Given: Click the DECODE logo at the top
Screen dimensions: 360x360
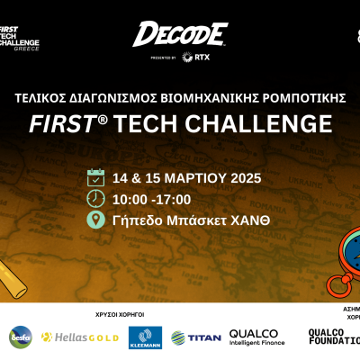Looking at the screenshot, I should (179, 34).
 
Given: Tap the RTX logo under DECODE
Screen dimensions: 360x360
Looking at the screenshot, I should (189, 58).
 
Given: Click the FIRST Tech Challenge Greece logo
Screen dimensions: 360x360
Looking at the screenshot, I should (21, 33).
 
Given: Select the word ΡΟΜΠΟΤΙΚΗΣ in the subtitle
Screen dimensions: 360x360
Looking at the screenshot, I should (297, 96).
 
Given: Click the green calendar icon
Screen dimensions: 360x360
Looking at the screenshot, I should (96, 177).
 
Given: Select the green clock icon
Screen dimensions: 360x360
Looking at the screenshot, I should (96, 199).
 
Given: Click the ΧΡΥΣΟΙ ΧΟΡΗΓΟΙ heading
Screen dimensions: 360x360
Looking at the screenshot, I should (120, 315).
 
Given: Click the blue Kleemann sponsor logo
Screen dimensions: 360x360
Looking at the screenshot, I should (144, 337).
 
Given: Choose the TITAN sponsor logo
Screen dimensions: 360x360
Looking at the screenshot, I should (196, 337).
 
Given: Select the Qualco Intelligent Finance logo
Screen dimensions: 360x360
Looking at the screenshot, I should (256, 337).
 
